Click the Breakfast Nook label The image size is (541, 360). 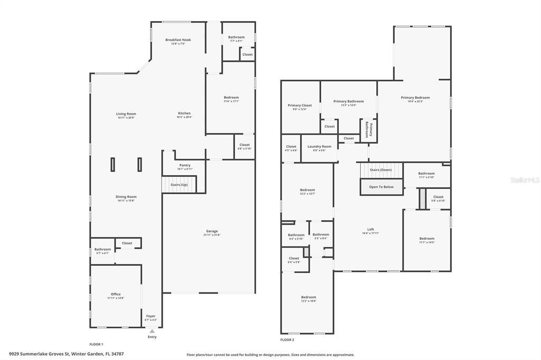pos(178,40)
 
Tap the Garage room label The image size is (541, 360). pos(212,231)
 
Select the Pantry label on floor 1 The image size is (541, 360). pos(185,165)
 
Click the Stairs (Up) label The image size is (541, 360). pos(179,185)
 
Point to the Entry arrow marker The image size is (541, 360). pos(152,331)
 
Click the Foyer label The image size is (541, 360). pos(151,316)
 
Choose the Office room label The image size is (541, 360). pos(116,294)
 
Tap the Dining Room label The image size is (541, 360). pos(126,197)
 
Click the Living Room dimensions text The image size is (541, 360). pos(126,118)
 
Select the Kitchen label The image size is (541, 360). pos(184,113)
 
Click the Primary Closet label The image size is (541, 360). pos(300,105)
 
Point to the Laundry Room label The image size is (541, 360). pos(319,146)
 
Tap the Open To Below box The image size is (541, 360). pos(381,187)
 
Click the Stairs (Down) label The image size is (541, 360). pos(380,170)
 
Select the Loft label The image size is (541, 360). pos(370,229)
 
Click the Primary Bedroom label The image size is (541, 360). pos(415,97)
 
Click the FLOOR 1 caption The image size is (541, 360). pos(96,344)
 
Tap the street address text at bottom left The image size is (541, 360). pos(67,354)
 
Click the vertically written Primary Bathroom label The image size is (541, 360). pos(369,129)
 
